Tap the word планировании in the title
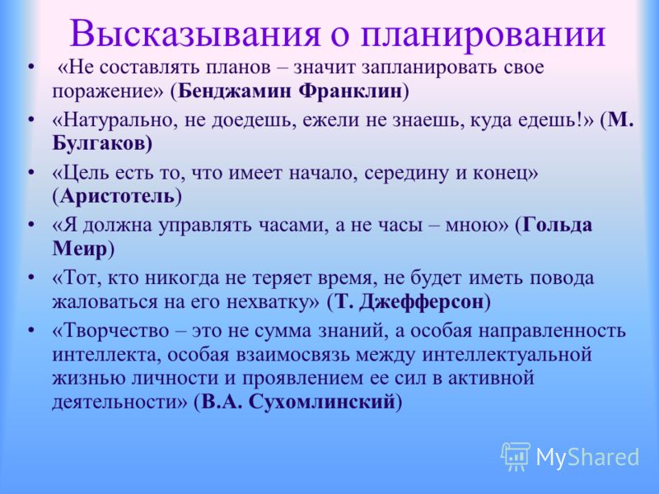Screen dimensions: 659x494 (x=483, y=33)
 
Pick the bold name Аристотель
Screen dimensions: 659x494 (x=117, y=196)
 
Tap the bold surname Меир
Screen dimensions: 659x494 (x=80, y=249)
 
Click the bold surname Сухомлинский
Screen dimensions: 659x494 (x=321, y=402)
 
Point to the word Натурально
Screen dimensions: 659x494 (x=113, y=120)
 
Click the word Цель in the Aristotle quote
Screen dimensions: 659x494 (x=81, y=173)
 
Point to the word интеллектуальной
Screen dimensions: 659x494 (x=507, y=356)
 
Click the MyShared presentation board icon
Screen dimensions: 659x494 (x=516, y=456)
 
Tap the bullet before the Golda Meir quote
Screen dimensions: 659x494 (x=30, y=226)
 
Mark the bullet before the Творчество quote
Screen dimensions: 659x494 (x=30, y=331)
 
